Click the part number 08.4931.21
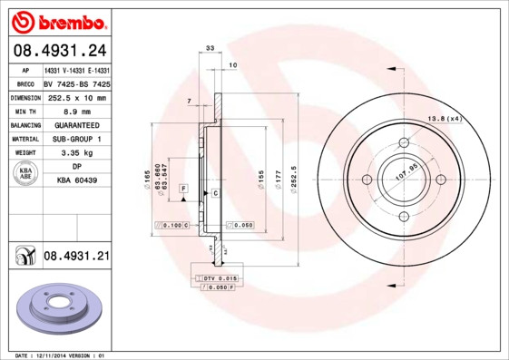(x=76, y=257)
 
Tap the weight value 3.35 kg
(x=76, y=153)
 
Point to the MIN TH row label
(x=24, y=111)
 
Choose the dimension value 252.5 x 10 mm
(x=76, y=97)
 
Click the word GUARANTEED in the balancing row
(x=76, y=125)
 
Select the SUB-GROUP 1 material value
(x=76, y=139)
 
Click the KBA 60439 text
(x=76, y=180)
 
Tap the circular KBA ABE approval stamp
(x=26, y=174)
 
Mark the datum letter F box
(x=183, y=188)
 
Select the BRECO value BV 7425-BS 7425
(x=76, y=83)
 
